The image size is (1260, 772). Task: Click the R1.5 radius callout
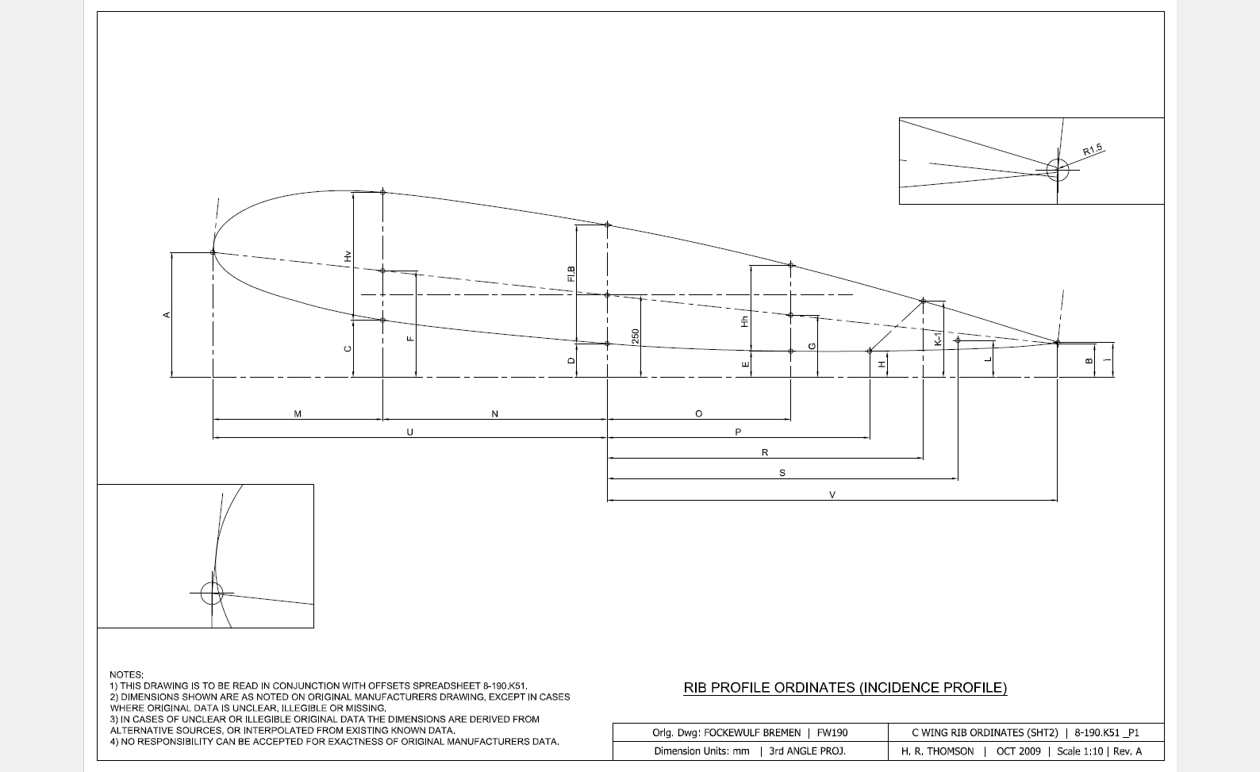[x=1093, y=150]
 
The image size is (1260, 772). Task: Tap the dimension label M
[x=298, y=413]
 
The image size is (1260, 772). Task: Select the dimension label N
[x=495, y=413]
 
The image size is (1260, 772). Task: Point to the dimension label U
[x=409, y=432]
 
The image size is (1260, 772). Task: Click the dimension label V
[x=832, y=494]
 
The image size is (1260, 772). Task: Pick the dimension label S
[x=782, y=473]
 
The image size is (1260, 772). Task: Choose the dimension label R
[x=765, y=452]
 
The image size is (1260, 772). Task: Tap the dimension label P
[x=738, y=432]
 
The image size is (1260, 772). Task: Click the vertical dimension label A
[x=167, y=315]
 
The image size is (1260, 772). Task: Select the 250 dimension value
[x=636, y=336]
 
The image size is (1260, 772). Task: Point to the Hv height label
[x=347, y=256]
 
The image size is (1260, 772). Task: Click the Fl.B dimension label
[x=570, y=274]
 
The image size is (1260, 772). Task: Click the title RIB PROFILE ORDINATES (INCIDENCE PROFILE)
[x=845, y=688]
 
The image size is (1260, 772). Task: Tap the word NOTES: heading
[x=126, y=674]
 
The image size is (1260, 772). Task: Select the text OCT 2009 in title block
[x=1018, y=751]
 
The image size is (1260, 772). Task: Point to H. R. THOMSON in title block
[x=937, y=751]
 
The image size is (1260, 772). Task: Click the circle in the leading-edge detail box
[x=212, y=593]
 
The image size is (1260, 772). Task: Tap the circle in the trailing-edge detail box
[x=1057, y=170]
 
